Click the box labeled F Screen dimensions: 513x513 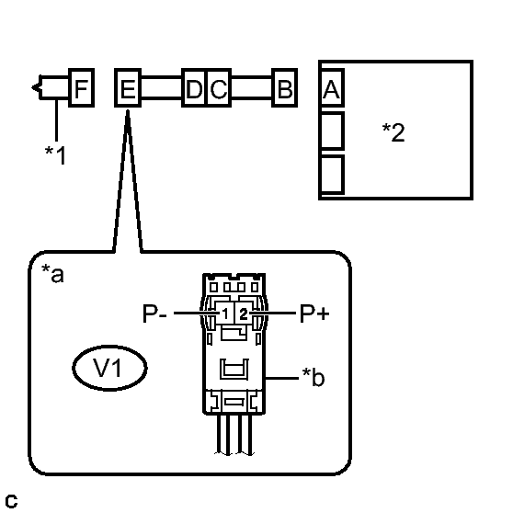click(82, 87)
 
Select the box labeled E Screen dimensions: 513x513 click(128, 87)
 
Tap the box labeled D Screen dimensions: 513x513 click(194, 87)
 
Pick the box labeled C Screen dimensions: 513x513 click(219, 87)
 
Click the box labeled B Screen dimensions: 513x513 click(285, 87)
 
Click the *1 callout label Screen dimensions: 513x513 click(55, 154)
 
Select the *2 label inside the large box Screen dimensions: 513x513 click(393, 132)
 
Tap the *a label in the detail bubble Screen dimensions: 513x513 click(52, 273)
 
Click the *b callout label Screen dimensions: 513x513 click(313, 377)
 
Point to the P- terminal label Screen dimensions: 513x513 click(155, 313)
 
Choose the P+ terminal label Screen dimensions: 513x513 click(314, 313)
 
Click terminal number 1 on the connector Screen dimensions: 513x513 click(225, 314)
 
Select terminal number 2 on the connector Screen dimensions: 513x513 click(243, 314)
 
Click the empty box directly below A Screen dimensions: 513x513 click(333, 131)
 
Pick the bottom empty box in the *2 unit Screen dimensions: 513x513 click(333, 175)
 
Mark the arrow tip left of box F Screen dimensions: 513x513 click(32, 87)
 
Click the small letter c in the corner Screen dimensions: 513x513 click(11, 501)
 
